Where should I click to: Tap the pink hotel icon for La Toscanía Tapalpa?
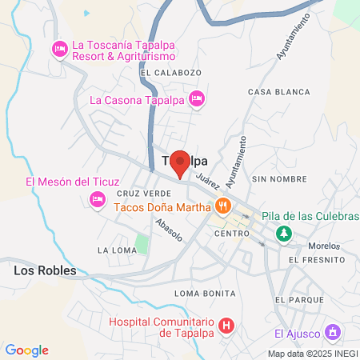[59, 50]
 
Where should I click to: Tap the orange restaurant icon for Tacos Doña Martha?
[223, 206]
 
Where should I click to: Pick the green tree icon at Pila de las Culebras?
[282, 233]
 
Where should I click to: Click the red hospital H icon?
[226, 325]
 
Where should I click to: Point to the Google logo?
[26, 350]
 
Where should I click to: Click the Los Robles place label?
[45, 270]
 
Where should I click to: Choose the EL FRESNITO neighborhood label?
[317, 260]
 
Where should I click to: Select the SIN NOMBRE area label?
[279, 179]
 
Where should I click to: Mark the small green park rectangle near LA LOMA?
[142, 243]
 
